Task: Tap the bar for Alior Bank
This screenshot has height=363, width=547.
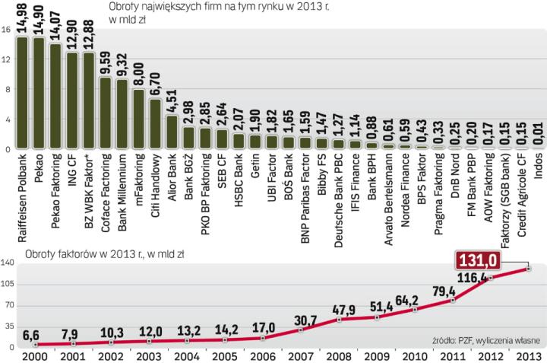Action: pos(172,132)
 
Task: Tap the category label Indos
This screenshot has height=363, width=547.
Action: pos(539,166)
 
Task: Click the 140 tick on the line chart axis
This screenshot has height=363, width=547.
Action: pos(8,263)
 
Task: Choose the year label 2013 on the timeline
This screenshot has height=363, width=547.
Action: pos(529,357)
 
